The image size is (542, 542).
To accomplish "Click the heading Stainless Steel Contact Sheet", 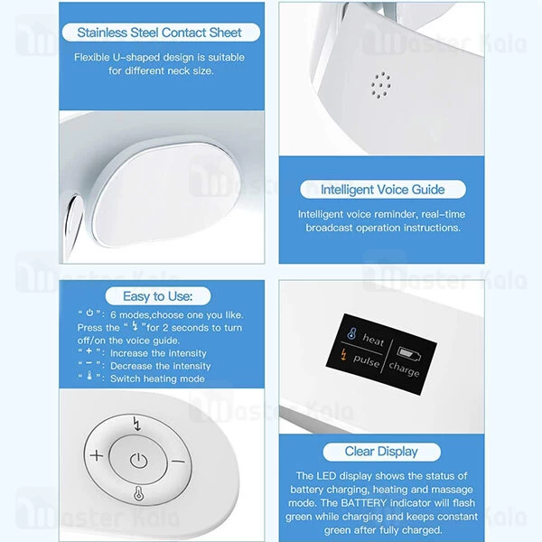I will click(x=160, y=33).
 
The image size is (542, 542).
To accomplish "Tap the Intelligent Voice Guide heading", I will click(x=382, y=190).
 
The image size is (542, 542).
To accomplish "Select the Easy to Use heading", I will click(x=159, y=295).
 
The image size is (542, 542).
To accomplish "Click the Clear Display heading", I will click(x=381, y=451).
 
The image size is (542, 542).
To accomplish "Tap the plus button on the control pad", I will click(x=96, y=455).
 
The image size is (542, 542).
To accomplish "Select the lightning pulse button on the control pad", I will click(x=136, y=422).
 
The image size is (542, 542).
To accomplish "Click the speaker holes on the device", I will click(x=380, y=84).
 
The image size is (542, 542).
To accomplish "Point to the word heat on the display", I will click(x=372, y=341).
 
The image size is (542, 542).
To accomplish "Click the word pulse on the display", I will click(x=365, y=361).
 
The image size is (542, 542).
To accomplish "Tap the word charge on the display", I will click(x=404, y=370).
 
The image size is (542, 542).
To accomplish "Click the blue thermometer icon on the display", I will click(x=349, y=337).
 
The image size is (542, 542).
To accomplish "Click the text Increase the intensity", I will click(x=158, y=353).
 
